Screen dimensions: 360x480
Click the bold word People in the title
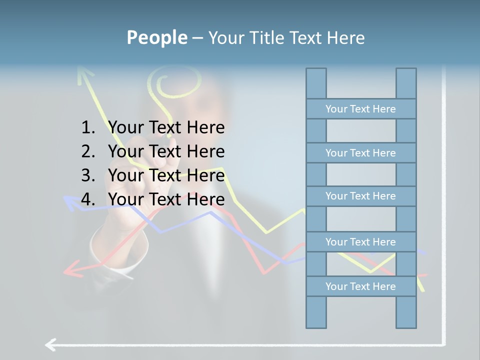tap(156, 37)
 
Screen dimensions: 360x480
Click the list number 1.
tap(88, 128)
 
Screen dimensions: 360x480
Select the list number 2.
tap(88, 151)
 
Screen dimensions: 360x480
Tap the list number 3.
tap(88, 175)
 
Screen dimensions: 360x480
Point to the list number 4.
tap(88, 199)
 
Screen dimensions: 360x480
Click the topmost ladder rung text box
tap(360, 109)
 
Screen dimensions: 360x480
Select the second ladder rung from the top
tap(360, 153)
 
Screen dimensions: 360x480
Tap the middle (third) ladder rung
tap(360, 196)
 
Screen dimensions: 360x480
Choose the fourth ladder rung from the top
tap(360, 242)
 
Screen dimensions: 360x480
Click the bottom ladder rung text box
tap(360, 286)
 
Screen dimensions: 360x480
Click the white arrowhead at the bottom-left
tap(50, 344)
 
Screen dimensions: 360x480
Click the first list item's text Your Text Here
tap(166, 128)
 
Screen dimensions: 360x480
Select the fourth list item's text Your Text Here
tap(166, 199)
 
